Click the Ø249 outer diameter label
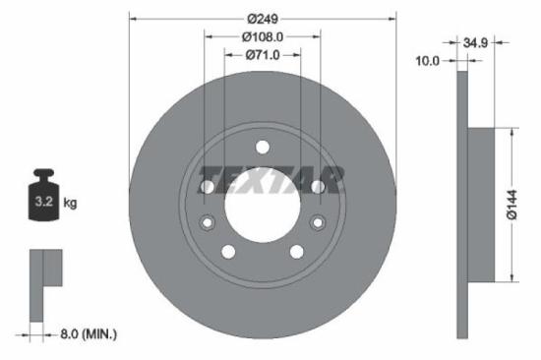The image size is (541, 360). pyautogui.click(x=263, y=19)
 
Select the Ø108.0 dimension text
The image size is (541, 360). pyautogui.click(x=263, y=37)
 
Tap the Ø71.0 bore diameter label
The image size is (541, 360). pyautogui.click(x=263, y=55)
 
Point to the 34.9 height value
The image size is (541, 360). pyautogui.click(x=476, y=43)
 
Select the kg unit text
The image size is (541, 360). pyautogui.click(x=70, y=204)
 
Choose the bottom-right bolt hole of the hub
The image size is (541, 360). pyautogui.click(x=297, y=253)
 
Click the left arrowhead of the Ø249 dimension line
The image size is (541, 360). pyautogui.click(x=133, y=19)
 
